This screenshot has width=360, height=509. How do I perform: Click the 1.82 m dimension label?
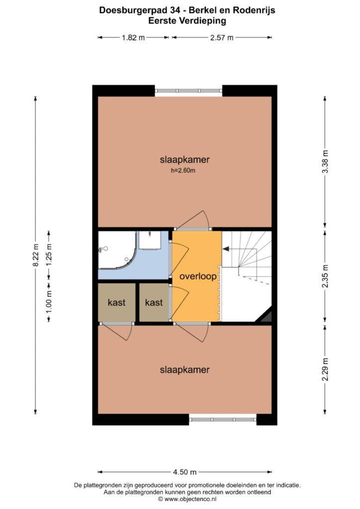coord(133,38)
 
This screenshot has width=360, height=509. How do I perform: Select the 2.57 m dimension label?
coord(222,38)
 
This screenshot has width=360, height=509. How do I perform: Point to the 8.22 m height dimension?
coord(35,255)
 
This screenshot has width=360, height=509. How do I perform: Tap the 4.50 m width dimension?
coord(184,472)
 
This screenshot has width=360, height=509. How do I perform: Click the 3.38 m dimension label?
coord(325,162)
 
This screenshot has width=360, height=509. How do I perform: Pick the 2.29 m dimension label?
coord(325,369)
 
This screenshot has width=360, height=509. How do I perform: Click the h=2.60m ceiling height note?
coord(183,170)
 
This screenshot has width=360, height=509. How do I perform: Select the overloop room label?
coord(198,276)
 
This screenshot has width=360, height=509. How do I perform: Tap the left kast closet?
coord(116,302)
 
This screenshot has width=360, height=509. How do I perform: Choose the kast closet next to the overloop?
coord(154,302)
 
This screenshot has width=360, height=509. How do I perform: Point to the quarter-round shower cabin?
coord(116,250)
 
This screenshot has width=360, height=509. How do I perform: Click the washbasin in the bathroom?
coord(150,240)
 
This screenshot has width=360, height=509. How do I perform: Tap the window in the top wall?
coord(188,91)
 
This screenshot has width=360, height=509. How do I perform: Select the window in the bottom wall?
coord(223,420)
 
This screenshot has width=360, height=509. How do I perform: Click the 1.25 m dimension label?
coord(49,255)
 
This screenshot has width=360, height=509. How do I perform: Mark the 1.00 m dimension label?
coord(49,302)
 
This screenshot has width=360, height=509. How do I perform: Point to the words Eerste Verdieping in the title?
coord(187,21)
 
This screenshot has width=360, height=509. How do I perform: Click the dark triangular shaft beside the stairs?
coord(265,316)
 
